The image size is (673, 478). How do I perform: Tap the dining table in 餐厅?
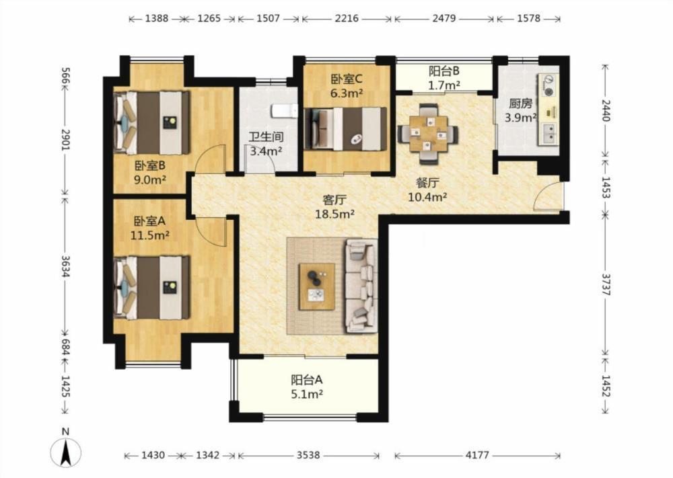coord(428,134)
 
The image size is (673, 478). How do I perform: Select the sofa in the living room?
coord(361,286)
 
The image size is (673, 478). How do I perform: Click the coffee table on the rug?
coord(317,286)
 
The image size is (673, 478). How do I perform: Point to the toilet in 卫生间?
coord(284,111)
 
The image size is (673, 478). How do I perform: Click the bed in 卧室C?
coord(345,128)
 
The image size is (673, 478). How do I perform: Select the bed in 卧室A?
coord(152,287)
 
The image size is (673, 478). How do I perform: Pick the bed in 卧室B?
coord(152,122)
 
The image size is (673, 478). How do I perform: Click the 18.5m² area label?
coord(334,214)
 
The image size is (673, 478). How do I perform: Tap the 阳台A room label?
coord(306,379)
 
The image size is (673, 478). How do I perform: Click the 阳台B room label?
coord(444,71)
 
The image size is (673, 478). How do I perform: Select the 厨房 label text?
coord(520,104)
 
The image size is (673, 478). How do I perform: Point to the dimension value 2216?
coord(347,18)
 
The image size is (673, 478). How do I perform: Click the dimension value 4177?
coord(477,455)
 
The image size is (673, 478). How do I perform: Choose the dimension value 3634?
coord(65,266)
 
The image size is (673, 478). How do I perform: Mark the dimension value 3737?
coord(606,284)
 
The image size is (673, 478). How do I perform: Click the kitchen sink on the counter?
coord(549,133)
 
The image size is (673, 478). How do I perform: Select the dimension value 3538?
coord(308,455)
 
